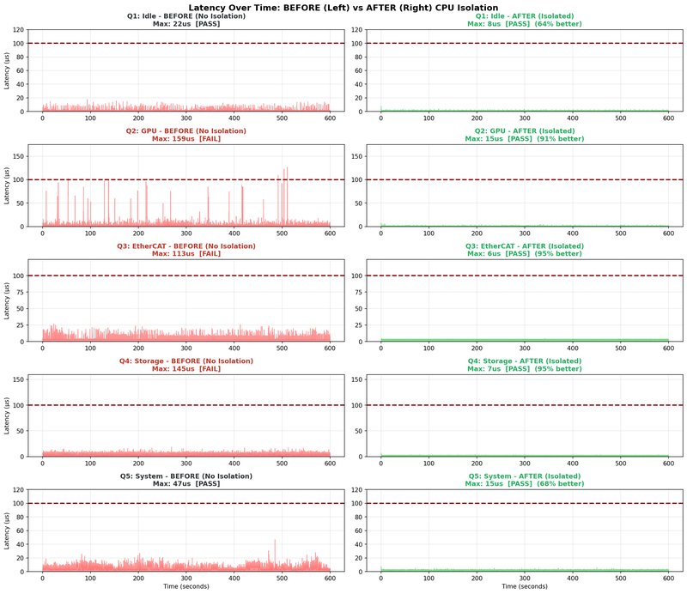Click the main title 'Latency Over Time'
pyautogui.click(x=343, y=7)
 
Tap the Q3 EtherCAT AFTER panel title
pyautogui.click(x=524, y=245)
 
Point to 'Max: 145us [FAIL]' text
pyautogui.click(x=185, y=369)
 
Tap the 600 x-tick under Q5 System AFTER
pyautogui.click(x=667, y=579)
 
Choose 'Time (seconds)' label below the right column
pyautogui.click(x=524, y=587)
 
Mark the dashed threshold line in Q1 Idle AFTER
pyautogui.click(x=524, y=43)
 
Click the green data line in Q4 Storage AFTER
pyautogui.click(x=524, y=455)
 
